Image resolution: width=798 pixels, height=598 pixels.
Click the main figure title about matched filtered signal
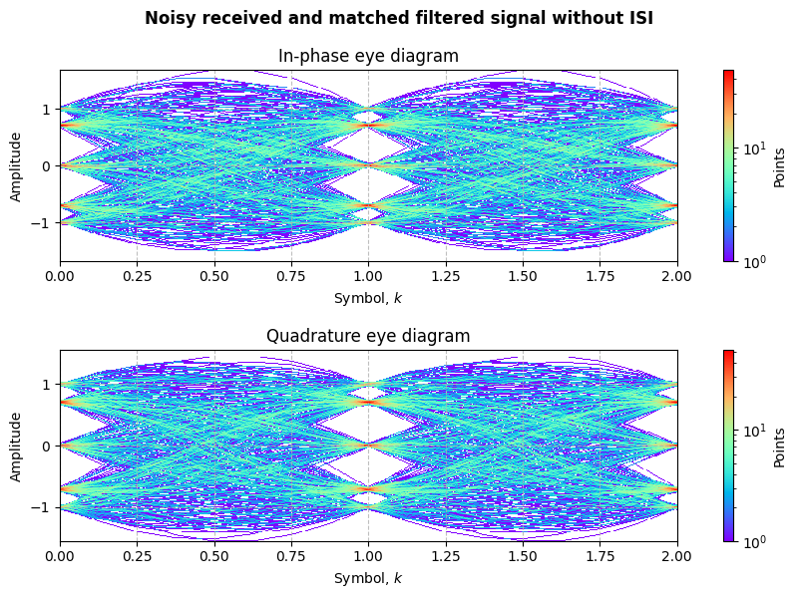tap(399, 18)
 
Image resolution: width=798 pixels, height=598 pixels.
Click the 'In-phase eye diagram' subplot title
tap(368, 56)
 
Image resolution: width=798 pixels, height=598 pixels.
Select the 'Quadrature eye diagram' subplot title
tap(368, 336)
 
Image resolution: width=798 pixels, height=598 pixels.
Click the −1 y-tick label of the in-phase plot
tap(44, 223)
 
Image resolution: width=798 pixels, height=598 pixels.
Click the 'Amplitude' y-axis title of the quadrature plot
tap(17, 447)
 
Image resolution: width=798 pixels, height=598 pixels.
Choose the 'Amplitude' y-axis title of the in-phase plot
tap(17, 166)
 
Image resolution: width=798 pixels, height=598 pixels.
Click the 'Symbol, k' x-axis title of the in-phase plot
tap(368, 297)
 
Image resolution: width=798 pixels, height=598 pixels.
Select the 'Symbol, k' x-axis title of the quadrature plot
tap(368, 578)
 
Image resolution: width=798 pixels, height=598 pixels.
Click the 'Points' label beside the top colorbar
tap(781, 166)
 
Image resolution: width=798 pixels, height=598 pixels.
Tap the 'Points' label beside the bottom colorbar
tap(781, 447)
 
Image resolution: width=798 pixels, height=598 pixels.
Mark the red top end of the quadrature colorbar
tap(728, 353)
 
